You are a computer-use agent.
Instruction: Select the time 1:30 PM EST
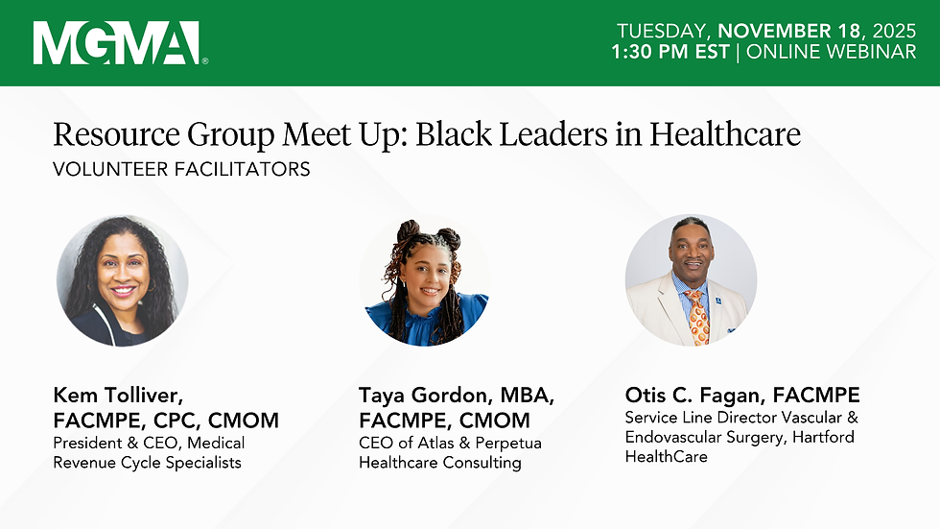pos(670,52)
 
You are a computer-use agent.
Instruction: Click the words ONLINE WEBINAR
pos(831,52)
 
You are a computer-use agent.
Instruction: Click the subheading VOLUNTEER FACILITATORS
pos(181,170)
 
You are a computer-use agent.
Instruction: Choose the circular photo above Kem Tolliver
pos(122,280)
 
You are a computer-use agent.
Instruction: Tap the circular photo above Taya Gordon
pos(425,280)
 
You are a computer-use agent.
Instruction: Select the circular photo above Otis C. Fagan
pos(691,280)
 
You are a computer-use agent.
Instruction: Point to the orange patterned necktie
pos(698,317)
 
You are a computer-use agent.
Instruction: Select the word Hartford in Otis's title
pos(821,438)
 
